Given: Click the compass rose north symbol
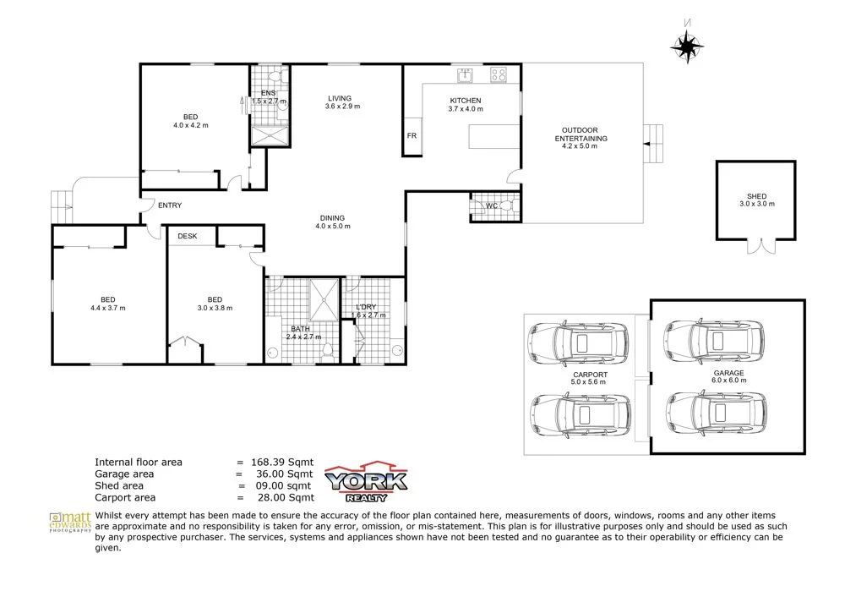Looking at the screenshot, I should point(687,46).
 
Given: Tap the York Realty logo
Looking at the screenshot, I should point(368,483).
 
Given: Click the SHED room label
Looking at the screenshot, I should point(756,196).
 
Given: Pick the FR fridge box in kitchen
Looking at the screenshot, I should point(412,136).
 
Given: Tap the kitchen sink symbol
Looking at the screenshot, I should point(465,76).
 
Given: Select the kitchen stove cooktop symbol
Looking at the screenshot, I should point(498,75).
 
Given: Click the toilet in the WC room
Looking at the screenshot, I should point(508,205).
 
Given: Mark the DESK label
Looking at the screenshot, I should point(187,236).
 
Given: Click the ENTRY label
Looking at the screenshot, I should point(169,205).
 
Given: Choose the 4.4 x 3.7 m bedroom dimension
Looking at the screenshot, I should point(108,308).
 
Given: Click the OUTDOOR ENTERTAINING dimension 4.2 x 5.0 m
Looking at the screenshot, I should point(580,146).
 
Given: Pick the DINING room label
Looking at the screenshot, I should point(332,216).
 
